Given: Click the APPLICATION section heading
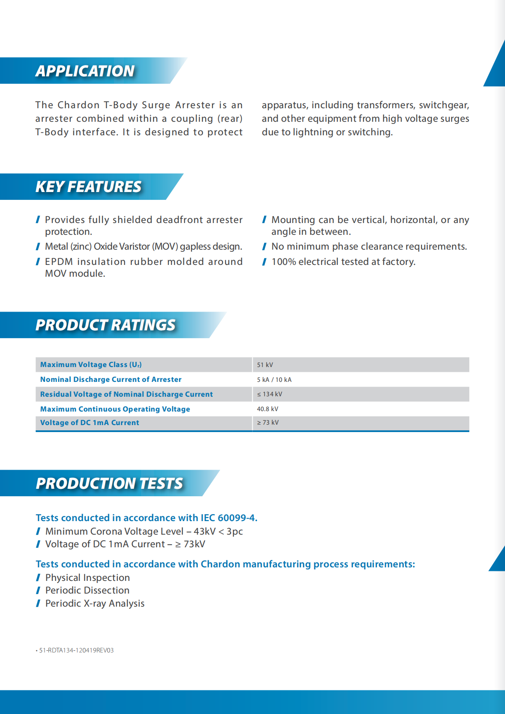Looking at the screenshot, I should (x=85, y=71).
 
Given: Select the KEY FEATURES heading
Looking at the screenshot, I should (x=88, y=187).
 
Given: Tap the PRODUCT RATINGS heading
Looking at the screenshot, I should (x=105, y=325).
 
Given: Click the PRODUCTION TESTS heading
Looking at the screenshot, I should (x=109, y=484).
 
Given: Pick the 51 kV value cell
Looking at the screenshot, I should (x=265, y=365).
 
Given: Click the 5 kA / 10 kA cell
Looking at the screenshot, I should (x=274, y=380).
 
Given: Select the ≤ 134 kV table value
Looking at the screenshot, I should (x=270, y=394).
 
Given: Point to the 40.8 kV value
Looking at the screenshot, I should (x=268, y=409).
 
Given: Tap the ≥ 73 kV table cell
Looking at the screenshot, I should (x=268, y=422).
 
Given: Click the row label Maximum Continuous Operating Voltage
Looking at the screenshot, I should (x=115, y=409).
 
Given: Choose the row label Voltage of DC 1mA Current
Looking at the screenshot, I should (x=89, y=422).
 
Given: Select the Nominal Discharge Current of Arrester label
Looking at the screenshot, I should (x=111, y=380).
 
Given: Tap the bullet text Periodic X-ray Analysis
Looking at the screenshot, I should (x=95, y=604).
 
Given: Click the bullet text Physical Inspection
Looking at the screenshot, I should (x=87, y=578).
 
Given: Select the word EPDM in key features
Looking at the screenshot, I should (x=58, y=262).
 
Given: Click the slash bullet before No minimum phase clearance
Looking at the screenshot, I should (x=264, y=247).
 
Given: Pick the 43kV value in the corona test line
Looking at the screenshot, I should (x=204, y=532).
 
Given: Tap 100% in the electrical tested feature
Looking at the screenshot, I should (x=283, y=262).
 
